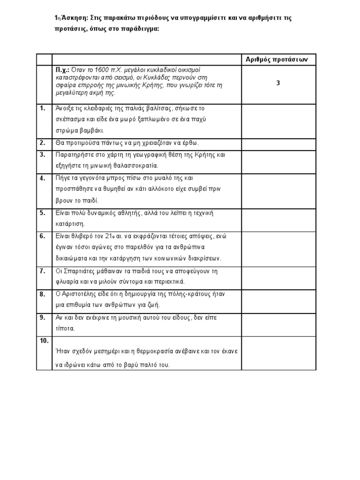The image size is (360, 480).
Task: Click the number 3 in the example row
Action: (x=278, y=83)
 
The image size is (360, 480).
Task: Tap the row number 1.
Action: (x=43, y=108)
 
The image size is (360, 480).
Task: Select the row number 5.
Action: (x=43, y=212)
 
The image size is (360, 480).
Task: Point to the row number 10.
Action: (x=44, y=341)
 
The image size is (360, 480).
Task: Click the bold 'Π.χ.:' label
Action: (x=62, y=69)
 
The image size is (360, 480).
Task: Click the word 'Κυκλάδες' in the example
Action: (x=159, y=77)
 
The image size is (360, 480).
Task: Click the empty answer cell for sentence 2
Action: (x=278, y=143)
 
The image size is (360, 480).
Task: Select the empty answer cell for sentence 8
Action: (x=278, y=300)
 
